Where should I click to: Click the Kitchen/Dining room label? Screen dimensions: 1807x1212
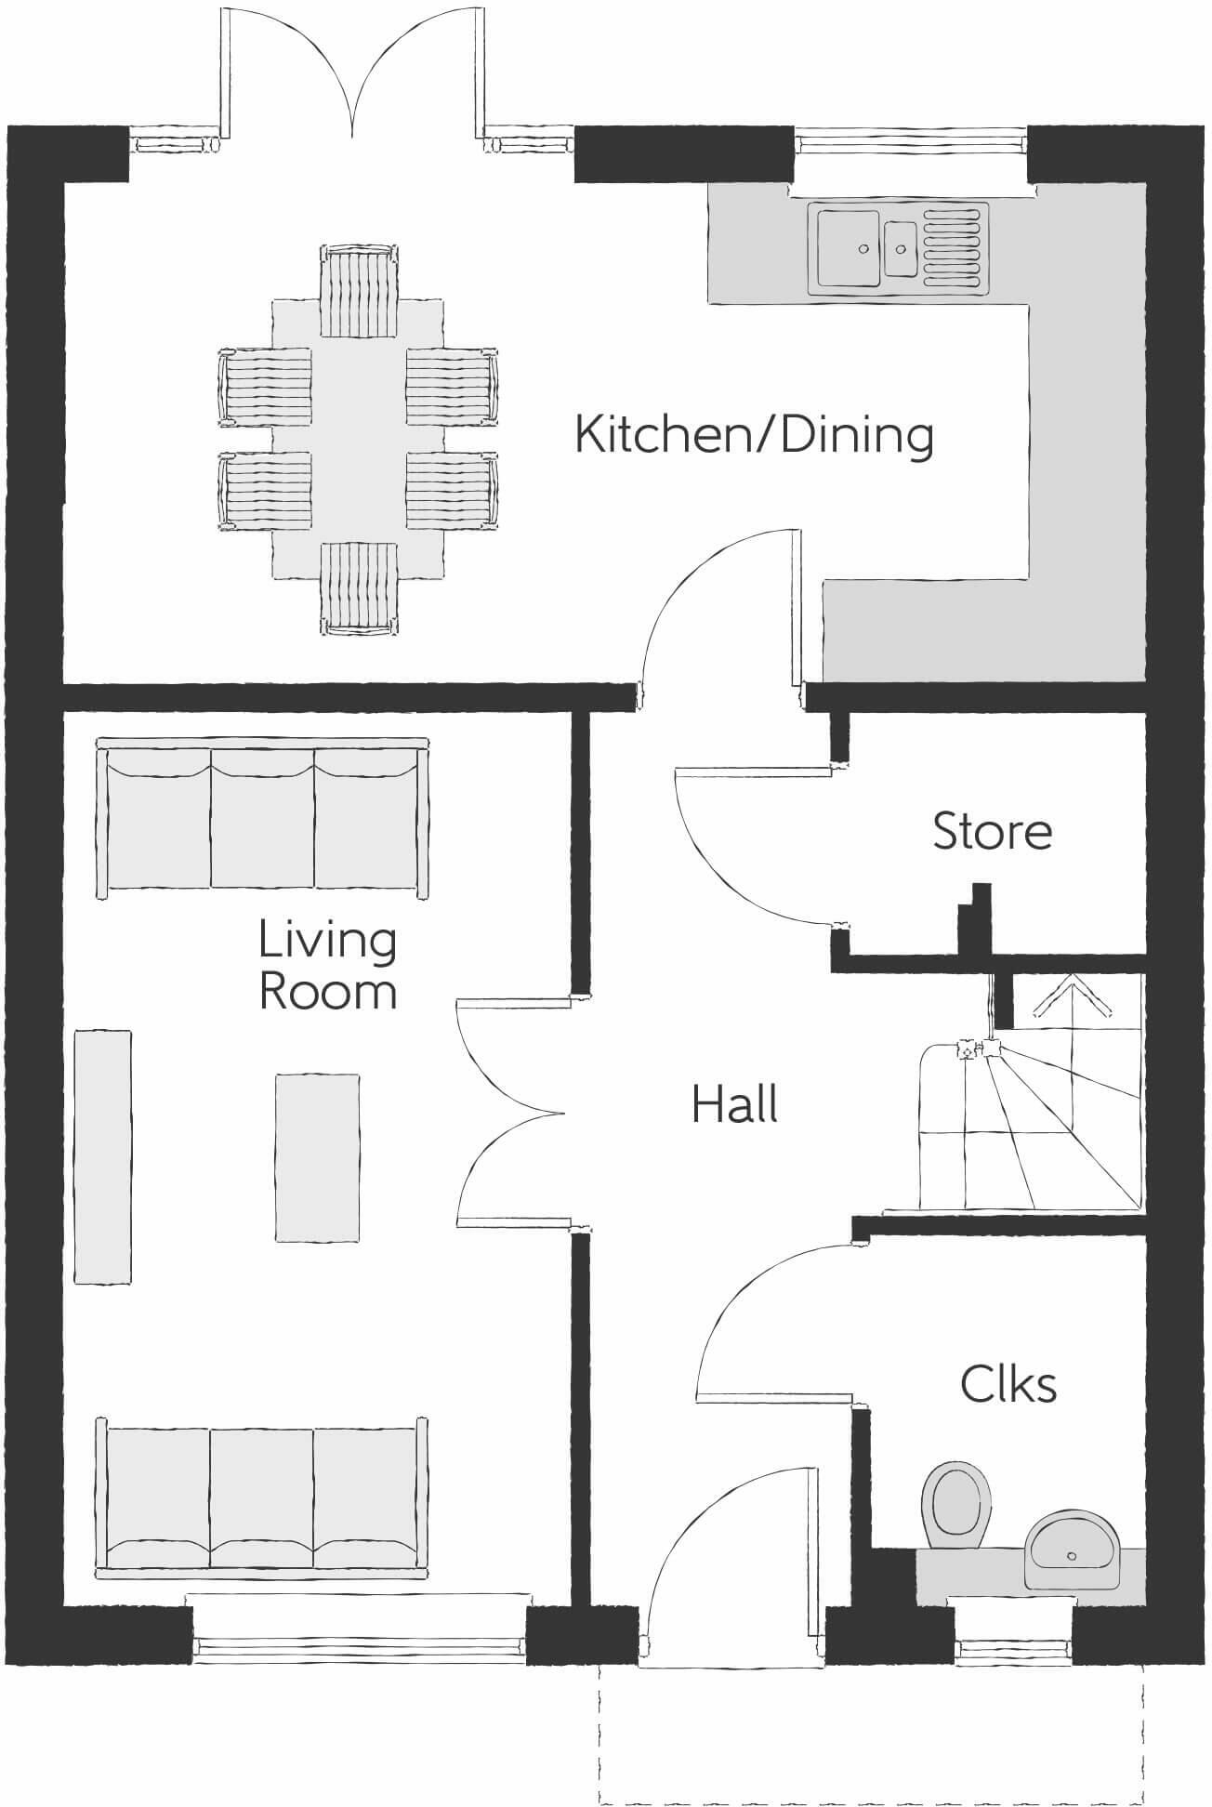pos(754,435)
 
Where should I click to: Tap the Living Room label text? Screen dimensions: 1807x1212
pos(327,966)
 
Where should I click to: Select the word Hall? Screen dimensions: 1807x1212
pos(734,1105)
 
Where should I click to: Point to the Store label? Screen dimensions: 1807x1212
pos(992,831)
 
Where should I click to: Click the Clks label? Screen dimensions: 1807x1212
pos(1008,1385)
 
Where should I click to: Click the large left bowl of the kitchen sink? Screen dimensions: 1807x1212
pos(848,247)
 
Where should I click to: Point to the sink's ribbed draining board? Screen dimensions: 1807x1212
pos(953,246)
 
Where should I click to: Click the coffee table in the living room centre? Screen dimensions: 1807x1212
pos(317,1157)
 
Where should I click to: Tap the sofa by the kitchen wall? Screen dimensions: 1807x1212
pos(263,818)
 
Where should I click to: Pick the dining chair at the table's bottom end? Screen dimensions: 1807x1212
pos(359,587)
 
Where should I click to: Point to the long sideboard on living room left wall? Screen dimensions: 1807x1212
pos(102,1157)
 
